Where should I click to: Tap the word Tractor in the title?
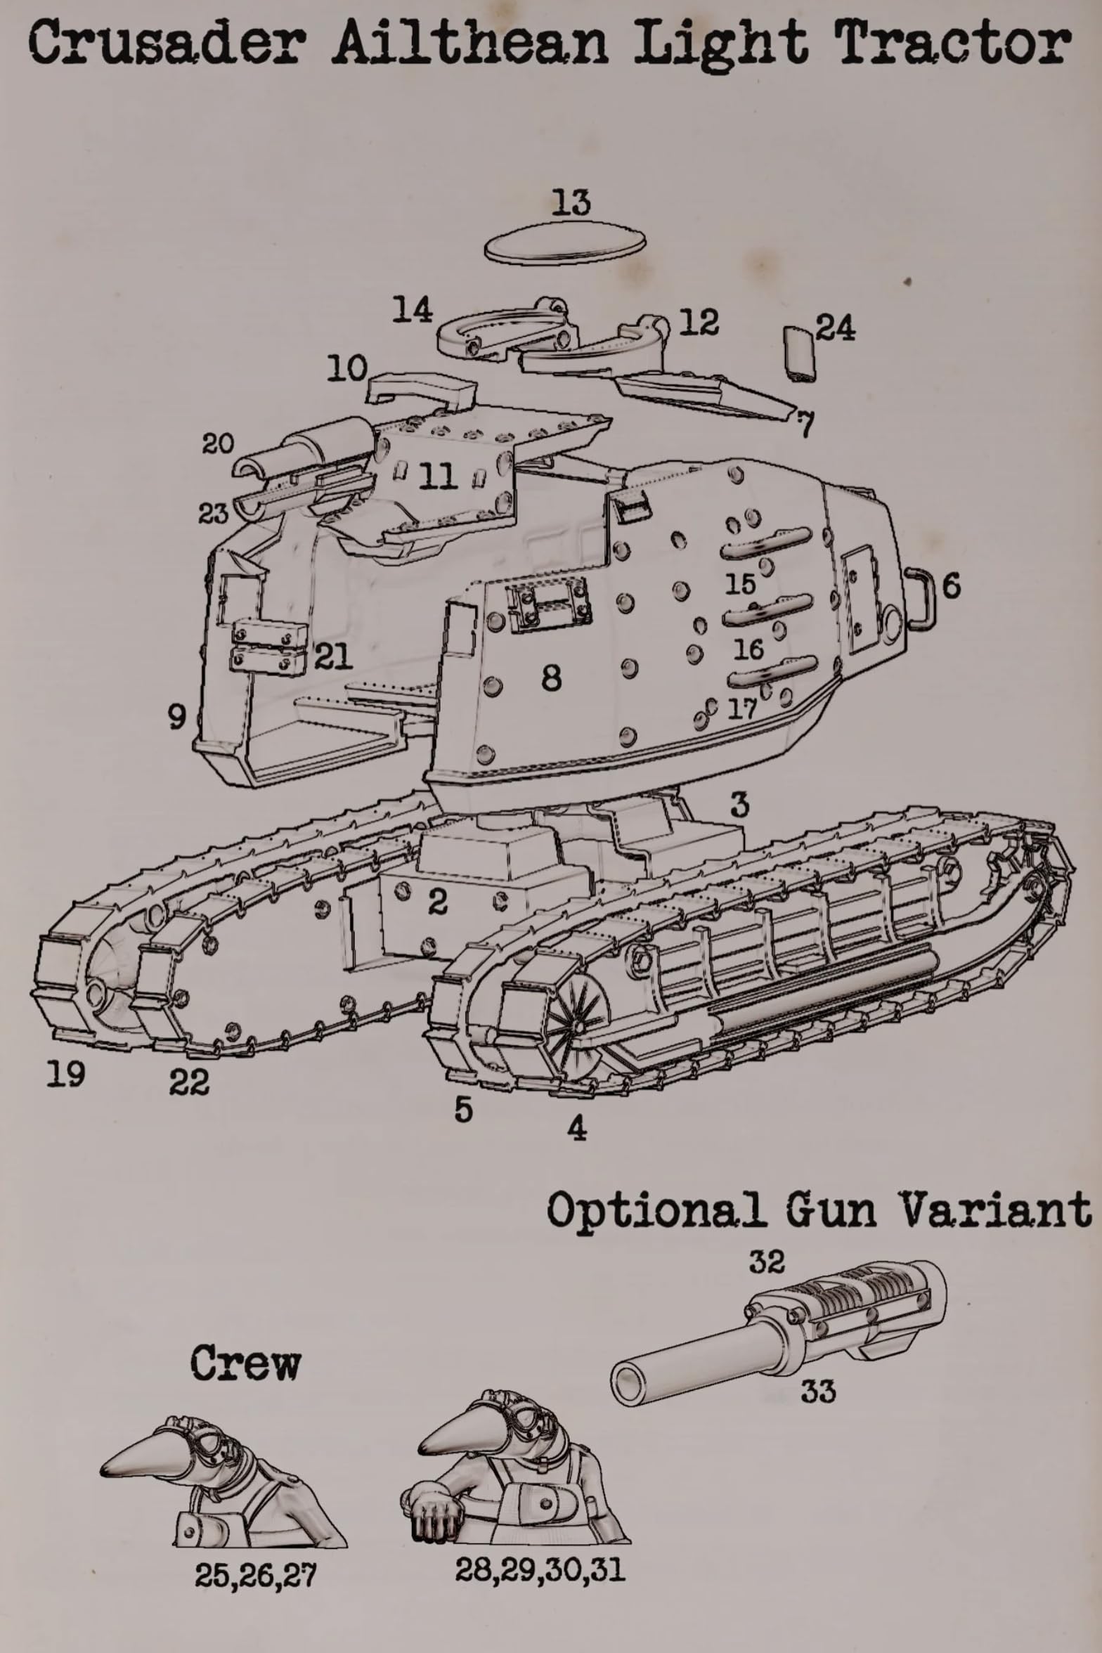[952, 44]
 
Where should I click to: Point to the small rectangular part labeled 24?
[799, 354]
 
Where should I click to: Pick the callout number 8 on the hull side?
[552, 678]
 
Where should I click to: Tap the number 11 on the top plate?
[438, 477]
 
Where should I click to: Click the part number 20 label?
[218, 443]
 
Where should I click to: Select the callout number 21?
[332, 656]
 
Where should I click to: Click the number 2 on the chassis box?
[437, 902]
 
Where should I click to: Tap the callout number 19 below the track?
[66, 1074]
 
